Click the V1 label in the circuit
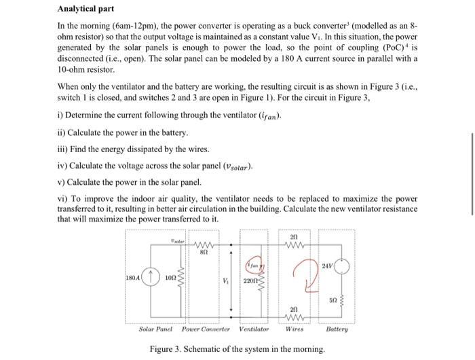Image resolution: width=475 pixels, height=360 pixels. (x=226, y=280)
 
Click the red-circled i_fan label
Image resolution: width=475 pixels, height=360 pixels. (x=254, y=262)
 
